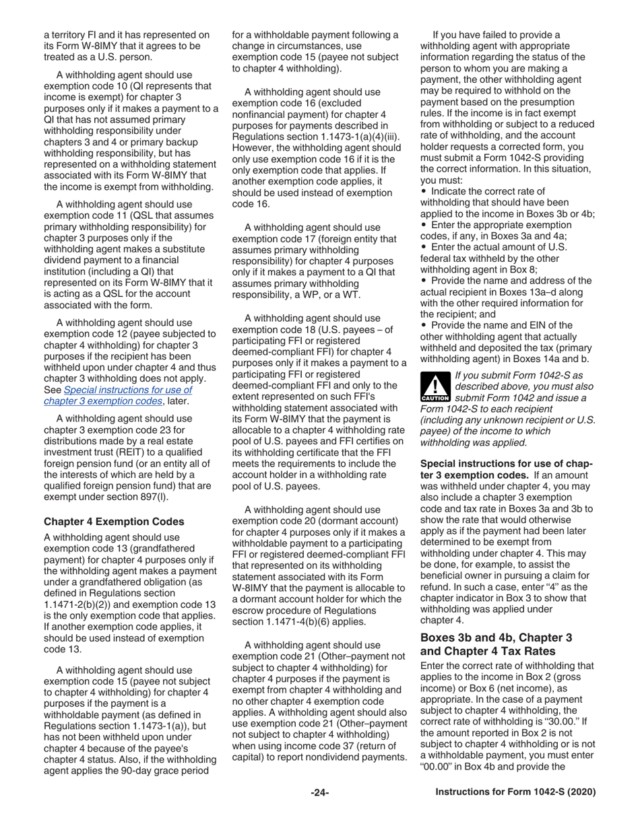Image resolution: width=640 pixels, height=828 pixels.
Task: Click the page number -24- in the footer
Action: click(319, 792)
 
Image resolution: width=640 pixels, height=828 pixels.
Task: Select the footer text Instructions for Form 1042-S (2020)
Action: click(516, 792)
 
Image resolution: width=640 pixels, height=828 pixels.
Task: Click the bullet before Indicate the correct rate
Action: click(424, 192)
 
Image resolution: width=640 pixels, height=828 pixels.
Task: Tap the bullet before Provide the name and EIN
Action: click(424, 325)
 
